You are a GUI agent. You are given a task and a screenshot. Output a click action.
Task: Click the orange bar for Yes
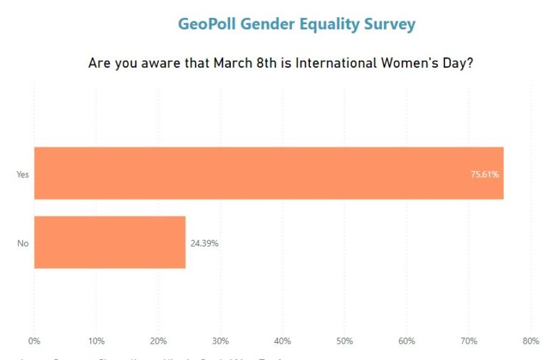(x=269, y=173)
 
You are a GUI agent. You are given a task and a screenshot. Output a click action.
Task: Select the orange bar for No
(x=110, y=242)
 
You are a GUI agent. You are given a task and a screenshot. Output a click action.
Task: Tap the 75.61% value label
(x=484, y=174)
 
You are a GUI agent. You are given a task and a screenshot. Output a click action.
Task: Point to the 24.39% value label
(x=204, y=243)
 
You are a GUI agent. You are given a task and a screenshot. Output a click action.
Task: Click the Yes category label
(x=22, y=174)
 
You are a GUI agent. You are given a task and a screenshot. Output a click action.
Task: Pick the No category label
(x=23, y=243)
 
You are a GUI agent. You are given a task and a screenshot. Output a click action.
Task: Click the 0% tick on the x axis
(x=34, y=341)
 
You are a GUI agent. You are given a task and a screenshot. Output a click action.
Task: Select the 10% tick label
(x=97, y=341)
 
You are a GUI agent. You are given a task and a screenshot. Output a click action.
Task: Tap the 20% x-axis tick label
(x=159, y=341)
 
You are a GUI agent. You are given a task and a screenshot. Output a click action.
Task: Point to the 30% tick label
(x=221, y=341)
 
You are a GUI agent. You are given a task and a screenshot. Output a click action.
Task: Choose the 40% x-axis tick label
(x=283, y=341)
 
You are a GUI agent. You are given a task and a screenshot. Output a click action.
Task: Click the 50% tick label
(x=345, y=341)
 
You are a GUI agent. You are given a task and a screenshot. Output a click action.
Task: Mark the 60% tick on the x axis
(x=407, y=341)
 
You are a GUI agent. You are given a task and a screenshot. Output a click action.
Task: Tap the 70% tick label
(x=469, y=341)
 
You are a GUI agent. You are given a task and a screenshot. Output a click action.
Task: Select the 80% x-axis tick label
(x=531, y=341)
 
